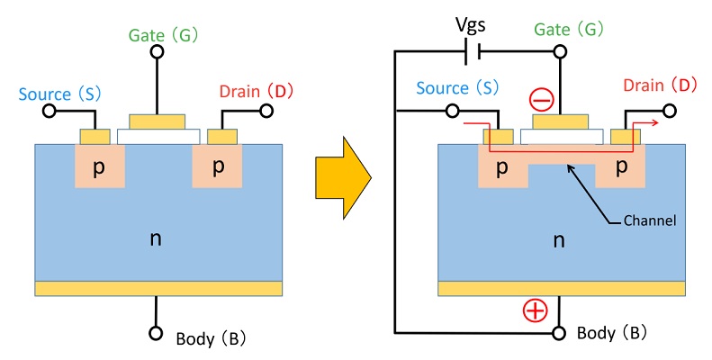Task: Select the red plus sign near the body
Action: (x=536, y=310)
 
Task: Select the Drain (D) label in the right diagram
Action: (x=660, y=86)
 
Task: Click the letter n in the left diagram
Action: (x=158, y=238)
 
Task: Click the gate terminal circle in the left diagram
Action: (x=158, y=53)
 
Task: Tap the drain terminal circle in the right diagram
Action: (x=668, y=111)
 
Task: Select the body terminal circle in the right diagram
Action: (x=559, y=333)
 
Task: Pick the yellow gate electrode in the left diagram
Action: (x=158, y=121)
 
